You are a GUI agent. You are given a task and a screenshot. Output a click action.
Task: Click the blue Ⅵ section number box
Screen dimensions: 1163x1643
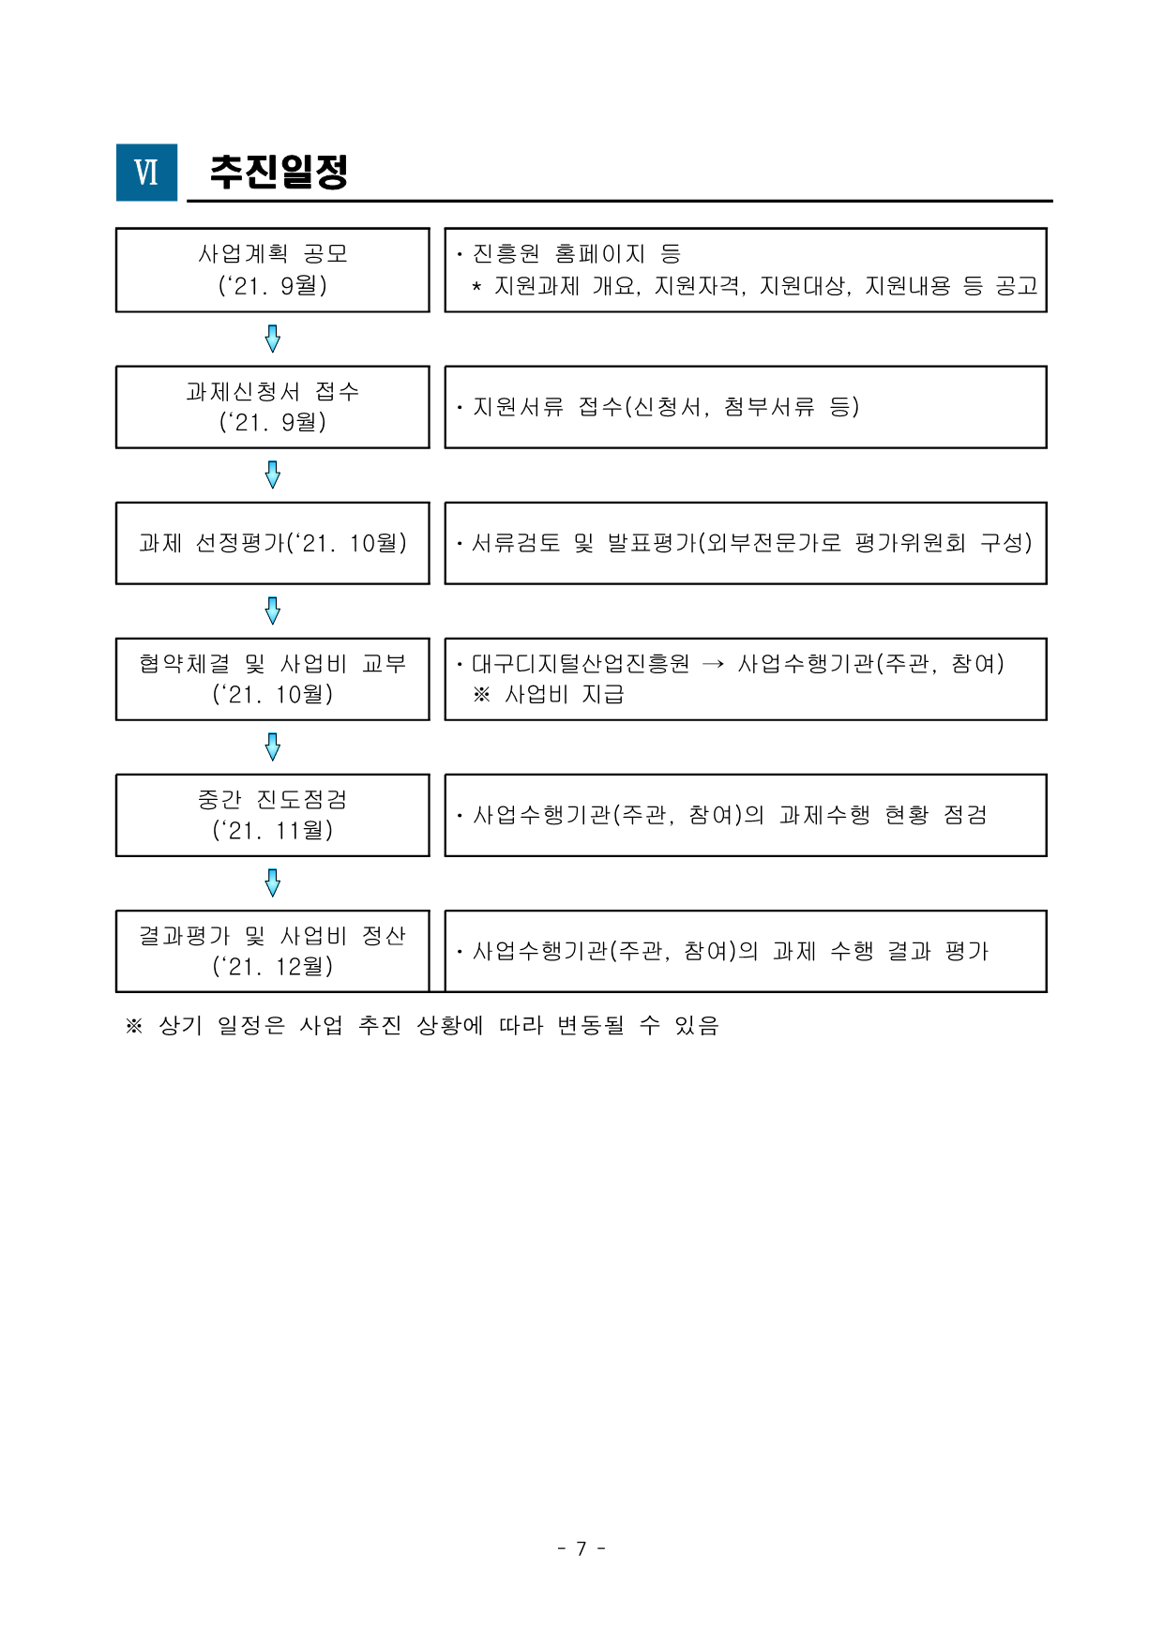[146, 173]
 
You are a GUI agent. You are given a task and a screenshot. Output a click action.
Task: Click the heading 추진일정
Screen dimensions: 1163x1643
[279, 172]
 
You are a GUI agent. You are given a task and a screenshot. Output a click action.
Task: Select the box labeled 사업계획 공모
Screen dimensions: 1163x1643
[273, 270]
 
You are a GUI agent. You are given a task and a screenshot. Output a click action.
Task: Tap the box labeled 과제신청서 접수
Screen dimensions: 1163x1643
[273, 407]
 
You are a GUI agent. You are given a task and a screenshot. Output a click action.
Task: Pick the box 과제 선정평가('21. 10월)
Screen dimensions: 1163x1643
[273, 543]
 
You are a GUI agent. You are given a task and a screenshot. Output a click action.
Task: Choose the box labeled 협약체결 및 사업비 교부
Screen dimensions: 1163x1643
[273, 679]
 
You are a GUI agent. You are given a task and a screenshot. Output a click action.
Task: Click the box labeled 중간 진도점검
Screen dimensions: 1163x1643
[273, 815]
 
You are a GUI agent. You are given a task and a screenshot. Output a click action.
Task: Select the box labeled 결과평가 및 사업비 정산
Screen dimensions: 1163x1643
[273, 951]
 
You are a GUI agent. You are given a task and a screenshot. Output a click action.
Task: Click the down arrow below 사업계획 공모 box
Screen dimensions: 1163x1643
[273, 339]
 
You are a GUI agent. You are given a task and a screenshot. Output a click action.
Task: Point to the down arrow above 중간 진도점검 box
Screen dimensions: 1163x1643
[273, 747]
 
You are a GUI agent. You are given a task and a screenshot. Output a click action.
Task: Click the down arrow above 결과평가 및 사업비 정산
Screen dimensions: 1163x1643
[273, 883]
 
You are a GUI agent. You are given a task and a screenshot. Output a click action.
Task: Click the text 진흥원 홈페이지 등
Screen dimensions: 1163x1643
[577, 254]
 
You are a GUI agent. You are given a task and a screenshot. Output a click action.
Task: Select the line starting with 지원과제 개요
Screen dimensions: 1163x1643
[765, 286]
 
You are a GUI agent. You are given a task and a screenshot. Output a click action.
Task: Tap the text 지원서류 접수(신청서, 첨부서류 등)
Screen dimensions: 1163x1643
[666, 407]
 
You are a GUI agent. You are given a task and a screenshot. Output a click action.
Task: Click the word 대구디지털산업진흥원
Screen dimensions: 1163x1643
[581, 664]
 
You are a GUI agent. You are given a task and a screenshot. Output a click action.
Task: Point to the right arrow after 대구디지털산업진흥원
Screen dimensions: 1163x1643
[713, 664]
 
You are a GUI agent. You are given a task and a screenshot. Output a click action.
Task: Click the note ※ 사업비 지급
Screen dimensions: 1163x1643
[549, 695]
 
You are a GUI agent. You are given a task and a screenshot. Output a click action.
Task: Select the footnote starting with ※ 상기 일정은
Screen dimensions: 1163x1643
[422, 1025]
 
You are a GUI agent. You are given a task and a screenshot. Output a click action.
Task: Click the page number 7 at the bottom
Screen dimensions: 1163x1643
[581, 1548]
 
